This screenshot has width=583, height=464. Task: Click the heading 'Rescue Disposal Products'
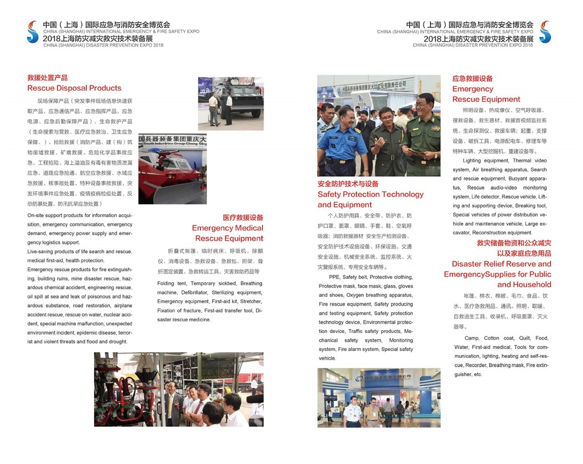point(74,88)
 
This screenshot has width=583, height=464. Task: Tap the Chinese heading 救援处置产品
point(47,78)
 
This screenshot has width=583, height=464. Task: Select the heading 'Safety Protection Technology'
point(371,194)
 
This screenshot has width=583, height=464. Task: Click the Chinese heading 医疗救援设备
point(243,218)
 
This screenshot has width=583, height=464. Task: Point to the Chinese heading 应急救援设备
point(473,79)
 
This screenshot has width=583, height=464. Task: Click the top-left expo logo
point(32,32)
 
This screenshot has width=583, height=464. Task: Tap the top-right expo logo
point(545,32)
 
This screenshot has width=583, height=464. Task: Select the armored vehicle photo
point(231,103)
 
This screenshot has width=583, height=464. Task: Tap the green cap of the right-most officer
point(424,97)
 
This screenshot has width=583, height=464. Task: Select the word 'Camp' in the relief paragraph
point(471,338)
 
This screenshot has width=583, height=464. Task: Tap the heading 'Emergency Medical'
point(228,228)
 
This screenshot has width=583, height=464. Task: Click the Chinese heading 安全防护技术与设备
point(348,184)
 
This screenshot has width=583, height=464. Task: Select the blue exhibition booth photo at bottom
point(379,397)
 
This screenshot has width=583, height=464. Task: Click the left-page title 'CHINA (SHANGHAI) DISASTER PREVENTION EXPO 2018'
point(103,45)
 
